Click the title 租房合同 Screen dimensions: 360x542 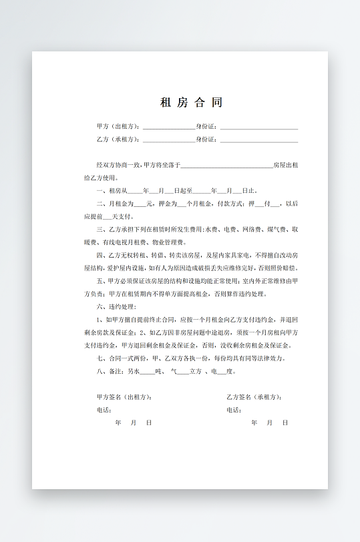190,102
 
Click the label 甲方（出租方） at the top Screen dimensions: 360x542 118,126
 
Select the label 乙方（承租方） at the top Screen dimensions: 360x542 118,140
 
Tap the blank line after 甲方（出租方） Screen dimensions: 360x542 168,127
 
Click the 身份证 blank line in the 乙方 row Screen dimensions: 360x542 258,140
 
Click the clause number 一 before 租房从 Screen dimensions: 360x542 100,191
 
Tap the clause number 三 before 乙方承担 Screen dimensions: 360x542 100,230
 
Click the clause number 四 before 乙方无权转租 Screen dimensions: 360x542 100,255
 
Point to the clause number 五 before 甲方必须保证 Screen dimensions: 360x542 100,281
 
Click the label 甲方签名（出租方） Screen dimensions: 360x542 124,397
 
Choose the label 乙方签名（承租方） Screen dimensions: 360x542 254,397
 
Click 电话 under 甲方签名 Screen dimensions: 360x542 104,410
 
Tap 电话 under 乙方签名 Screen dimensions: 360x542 234,410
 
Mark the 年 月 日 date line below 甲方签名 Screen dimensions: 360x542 134,423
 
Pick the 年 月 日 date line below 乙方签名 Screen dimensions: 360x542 269,423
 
